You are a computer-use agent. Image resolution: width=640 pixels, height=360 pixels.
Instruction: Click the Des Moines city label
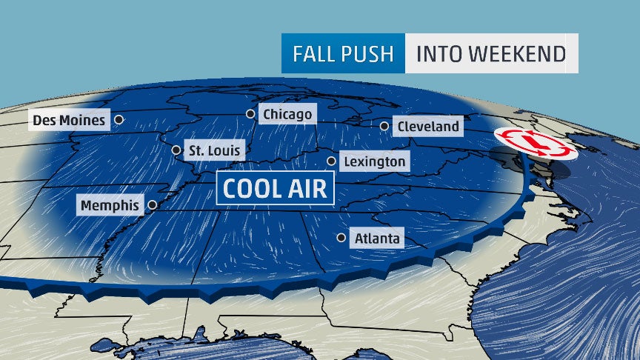click(68, 119)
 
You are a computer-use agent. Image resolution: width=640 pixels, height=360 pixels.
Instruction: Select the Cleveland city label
click(428, 127)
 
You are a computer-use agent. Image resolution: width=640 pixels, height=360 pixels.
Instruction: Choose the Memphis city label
click(110, 205)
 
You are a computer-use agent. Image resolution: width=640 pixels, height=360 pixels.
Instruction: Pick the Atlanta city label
click(377, 239)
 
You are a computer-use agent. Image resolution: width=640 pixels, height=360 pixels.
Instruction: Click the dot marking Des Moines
click(119, 119)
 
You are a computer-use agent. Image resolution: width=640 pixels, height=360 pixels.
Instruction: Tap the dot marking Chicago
click(250, 114)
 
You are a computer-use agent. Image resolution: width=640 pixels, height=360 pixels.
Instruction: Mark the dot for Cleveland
click(384, 127)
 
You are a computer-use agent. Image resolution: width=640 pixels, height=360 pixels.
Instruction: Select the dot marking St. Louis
click(176, 150)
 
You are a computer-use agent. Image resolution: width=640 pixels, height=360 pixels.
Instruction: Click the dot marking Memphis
click(153, 205)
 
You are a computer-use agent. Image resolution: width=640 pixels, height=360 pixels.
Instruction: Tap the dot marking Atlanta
click(341, 238)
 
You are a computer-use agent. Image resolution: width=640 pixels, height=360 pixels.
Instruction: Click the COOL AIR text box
click(275, 188)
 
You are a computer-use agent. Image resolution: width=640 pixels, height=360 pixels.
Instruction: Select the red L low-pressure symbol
click(535, 144)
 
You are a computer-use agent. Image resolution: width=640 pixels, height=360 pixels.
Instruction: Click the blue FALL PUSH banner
click(343, 53)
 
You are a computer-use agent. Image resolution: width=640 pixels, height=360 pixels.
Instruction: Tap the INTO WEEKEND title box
click(491, 53)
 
